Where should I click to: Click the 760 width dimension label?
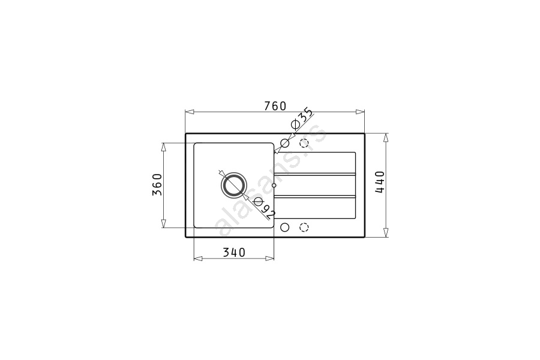tap(275, 106)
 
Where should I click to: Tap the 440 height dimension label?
tap(380, 182)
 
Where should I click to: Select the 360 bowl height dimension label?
tap(157, 185)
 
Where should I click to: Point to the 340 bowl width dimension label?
tap(234, 253)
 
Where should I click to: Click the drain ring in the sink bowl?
tap(234, 185)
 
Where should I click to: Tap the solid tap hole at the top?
tap(285, 143)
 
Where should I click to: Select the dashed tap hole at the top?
tap(304, 143)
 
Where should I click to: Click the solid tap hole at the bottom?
tap(285, 227)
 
